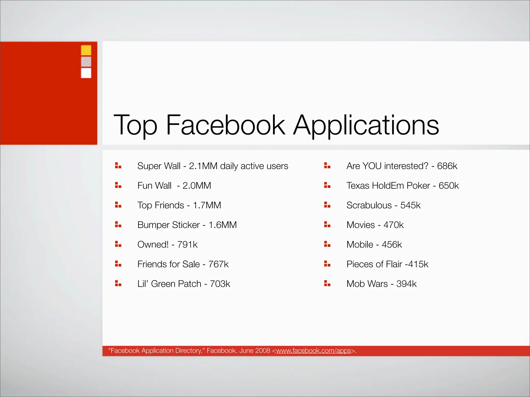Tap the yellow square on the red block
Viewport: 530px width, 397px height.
tap(86, 50)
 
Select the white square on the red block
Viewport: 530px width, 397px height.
tap(86, 73)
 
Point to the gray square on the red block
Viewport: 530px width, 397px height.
tap(86, 62)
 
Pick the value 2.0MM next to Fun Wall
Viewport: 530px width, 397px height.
tap(197, 186)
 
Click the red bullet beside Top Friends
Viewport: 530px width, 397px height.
tap(118, 205)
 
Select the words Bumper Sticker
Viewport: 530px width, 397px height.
tap(168, 225)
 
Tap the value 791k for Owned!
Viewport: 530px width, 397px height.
tap(187, 245)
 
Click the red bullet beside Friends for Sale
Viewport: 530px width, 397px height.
tap(118, 264)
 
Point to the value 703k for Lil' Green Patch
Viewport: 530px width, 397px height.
tap(220, 284)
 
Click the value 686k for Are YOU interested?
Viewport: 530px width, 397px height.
tap(447, 166)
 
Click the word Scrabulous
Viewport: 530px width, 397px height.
tap(369, 205)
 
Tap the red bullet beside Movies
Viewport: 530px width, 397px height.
tap(327, 225)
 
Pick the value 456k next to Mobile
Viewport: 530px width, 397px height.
tap(392, 245)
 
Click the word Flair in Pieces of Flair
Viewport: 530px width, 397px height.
tap(394, 264)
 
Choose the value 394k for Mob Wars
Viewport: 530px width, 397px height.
tap(406, 284)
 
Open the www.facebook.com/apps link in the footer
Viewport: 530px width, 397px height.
tap(314, 351)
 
